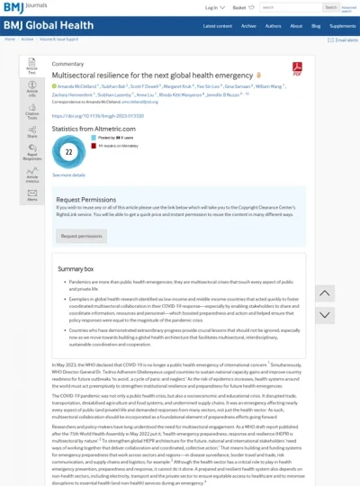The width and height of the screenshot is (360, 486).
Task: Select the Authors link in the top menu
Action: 271,26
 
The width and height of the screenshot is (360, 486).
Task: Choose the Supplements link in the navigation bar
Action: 342,26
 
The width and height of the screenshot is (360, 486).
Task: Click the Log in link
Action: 211,7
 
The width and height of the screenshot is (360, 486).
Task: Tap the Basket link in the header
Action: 239,7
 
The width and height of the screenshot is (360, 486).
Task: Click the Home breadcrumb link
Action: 10,39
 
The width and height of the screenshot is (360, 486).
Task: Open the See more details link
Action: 68,175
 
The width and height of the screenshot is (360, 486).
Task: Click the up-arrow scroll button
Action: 325,293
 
